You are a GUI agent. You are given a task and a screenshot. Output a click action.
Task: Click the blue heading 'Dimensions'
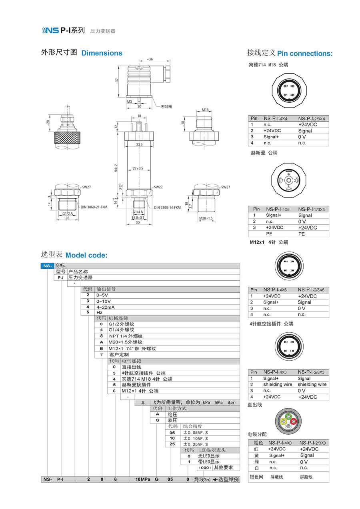pyautogui.click(x=102, y=53)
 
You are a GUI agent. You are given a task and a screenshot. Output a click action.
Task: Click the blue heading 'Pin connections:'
pyautogui.click(x=305, y=54)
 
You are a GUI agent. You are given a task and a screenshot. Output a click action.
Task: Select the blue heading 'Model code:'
pyautogui.click(x=86, y=255)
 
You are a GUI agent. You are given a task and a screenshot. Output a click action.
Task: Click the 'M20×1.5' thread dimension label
pyautogui.click(x=206, y=218)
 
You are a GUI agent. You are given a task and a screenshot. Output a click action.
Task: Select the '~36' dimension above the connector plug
pyautogui.click(x=150, y=59)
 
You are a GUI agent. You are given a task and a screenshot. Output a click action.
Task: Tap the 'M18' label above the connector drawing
pyautogui.click(x=205, y=110)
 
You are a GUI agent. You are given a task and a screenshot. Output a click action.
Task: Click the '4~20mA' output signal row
pyautogui.click(x=106, y=307)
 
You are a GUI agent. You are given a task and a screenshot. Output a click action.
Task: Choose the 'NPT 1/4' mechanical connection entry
pyautogui.click(x=125, y=336)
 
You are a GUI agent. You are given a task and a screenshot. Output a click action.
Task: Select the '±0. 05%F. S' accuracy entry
pyautogui.click(x=196, y=433)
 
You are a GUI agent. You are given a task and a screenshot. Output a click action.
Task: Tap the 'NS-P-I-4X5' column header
pyautogui.click(x=277, y=209)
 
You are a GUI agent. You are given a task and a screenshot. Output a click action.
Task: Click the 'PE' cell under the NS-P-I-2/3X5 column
pyautogui.click(x=301, y=234)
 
